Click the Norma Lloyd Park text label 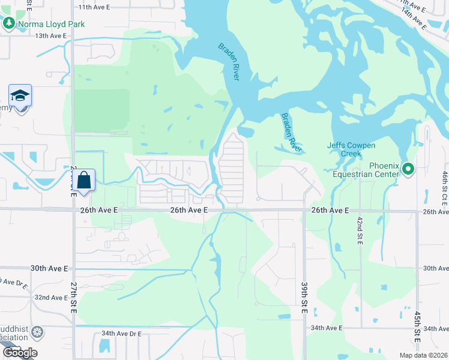[x=51, y=24]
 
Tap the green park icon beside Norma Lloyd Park [x=8, y=24]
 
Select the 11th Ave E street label [x=94, y=7]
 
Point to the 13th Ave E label [x=50, y=35]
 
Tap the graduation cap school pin [x=20, y=96]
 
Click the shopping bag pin [x=84, y=179]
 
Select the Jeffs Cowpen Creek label [x=351, y=149]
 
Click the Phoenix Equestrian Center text [x=376, y=170]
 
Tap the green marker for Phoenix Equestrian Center [x=408, y=169]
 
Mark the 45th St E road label [x=417, y=327]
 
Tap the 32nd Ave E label [x=51, y=297]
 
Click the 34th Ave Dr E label [x=121, y=333]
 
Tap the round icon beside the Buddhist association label [x=37, y=332]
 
